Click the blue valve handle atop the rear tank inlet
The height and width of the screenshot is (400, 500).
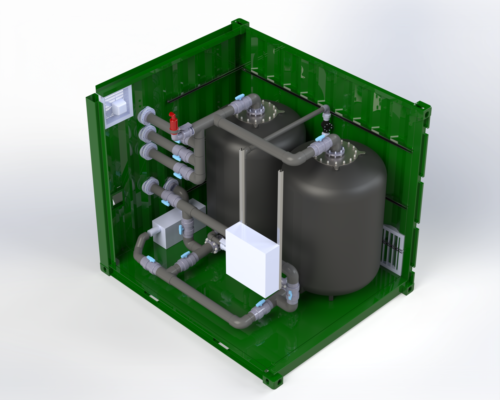[x=240, y=97]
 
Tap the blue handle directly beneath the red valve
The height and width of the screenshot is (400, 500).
[x=178, y=142]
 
